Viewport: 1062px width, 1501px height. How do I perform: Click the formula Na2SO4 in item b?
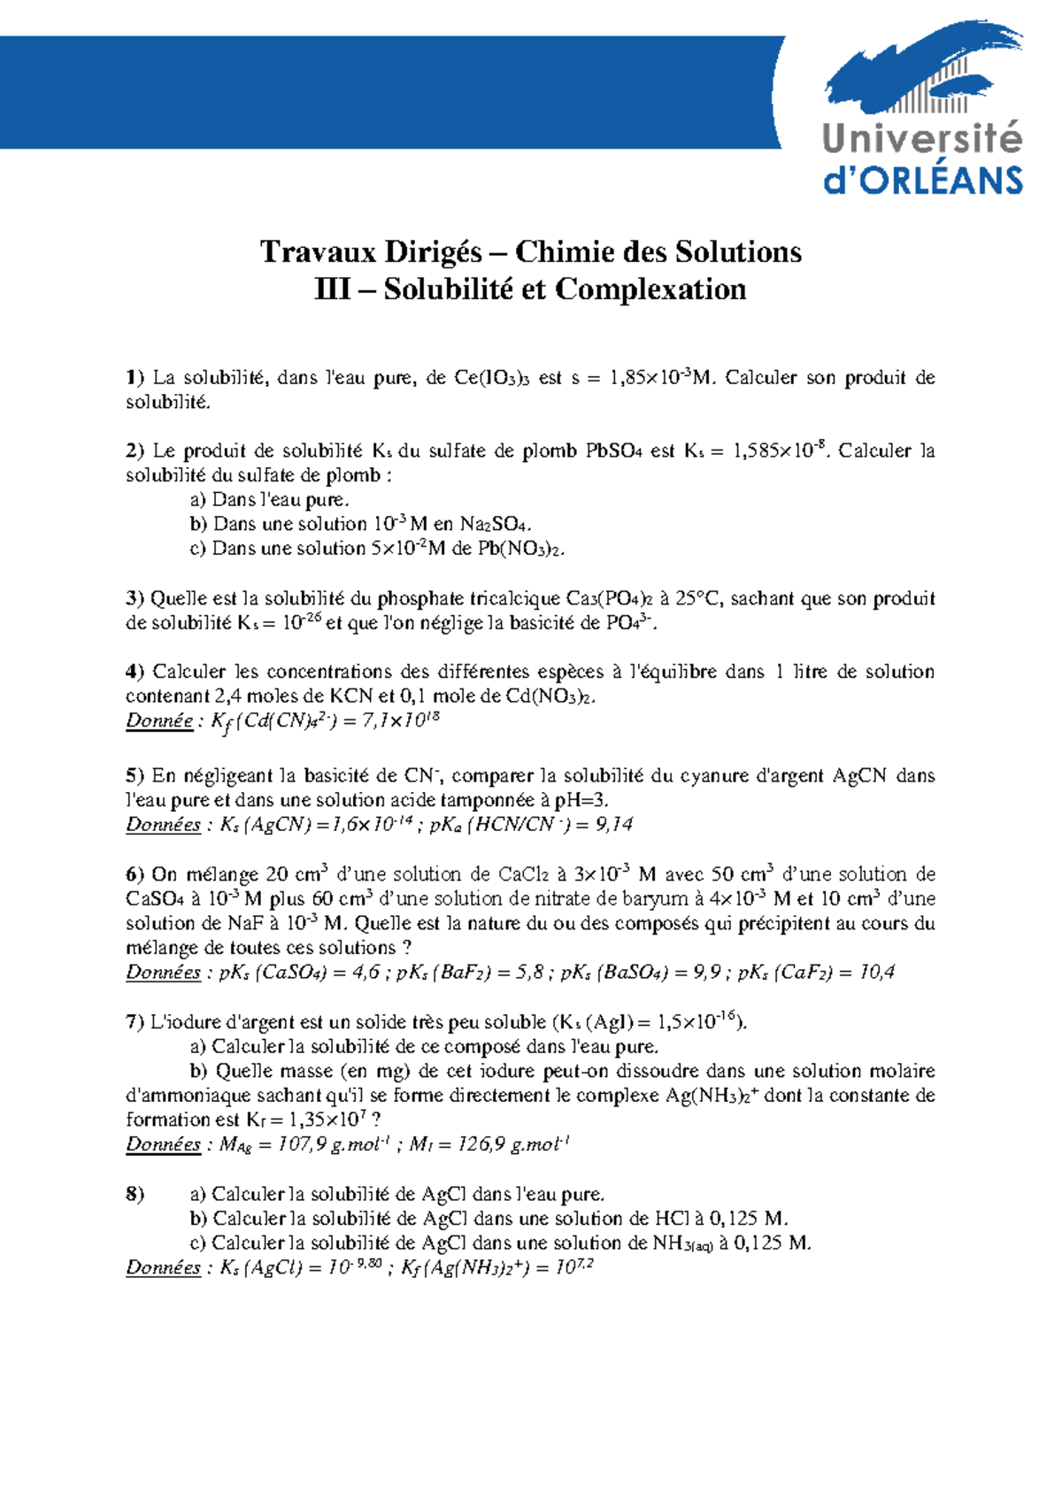496,525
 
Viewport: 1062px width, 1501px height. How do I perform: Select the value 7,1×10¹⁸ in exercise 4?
400,720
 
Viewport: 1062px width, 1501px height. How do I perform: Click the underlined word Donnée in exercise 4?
159,720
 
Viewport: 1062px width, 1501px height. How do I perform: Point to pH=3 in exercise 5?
581,801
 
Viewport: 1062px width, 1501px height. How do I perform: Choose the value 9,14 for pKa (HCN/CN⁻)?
613,825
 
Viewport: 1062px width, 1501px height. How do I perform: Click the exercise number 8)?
135,1195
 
